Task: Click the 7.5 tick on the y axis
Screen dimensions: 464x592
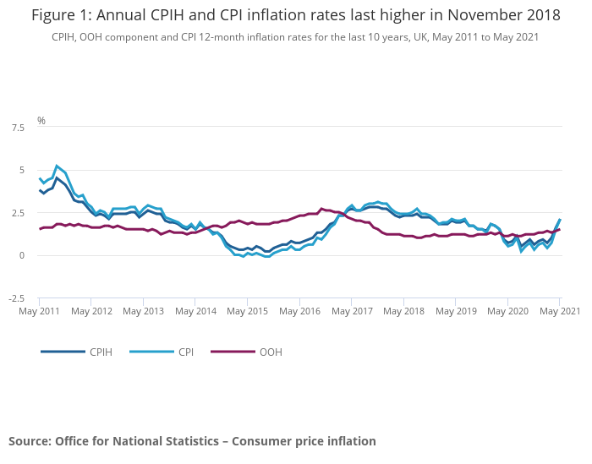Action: click(x=17, y=128)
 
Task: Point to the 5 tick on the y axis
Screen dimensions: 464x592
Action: click(x=21, y=170)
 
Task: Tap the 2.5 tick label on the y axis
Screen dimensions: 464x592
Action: click(x=17, y=213)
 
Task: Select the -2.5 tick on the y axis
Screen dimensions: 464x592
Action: click(x=15, y=298)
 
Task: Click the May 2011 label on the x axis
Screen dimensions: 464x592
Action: click(x=39, y=311)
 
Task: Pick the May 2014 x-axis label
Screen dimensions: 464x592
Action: click(x=195, y=311)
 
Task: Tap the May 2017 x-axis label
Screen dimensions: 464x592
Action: click(x=351, y=311)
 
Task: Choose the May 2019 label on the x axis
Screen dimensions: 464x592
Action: click(x=455, y=311)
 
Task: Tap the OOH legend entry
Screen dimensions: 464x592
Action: click(x=271, y=352)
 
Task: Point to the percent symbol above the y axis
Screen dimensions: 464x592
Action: click(x=41, y=121)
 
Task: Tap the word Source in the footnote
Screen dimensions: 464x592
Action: click(x=30, y=441)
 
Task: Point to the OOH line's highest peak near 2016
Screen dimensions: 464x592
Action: click(x=321, y=208)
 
